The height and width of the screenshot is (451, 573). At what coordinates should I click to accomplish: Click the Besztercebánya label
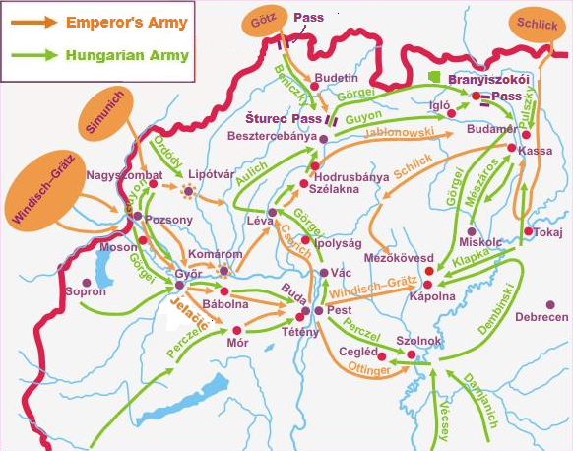[268, 137]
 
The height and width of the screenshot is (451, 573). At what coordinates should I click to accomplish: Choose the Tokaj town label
[550, 232]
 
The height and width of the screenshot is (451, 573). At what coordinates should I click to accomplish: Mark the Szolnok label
[419, 341]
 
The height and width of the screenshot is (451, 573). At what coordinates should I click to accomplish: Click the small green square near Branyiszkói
[433, 76]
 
